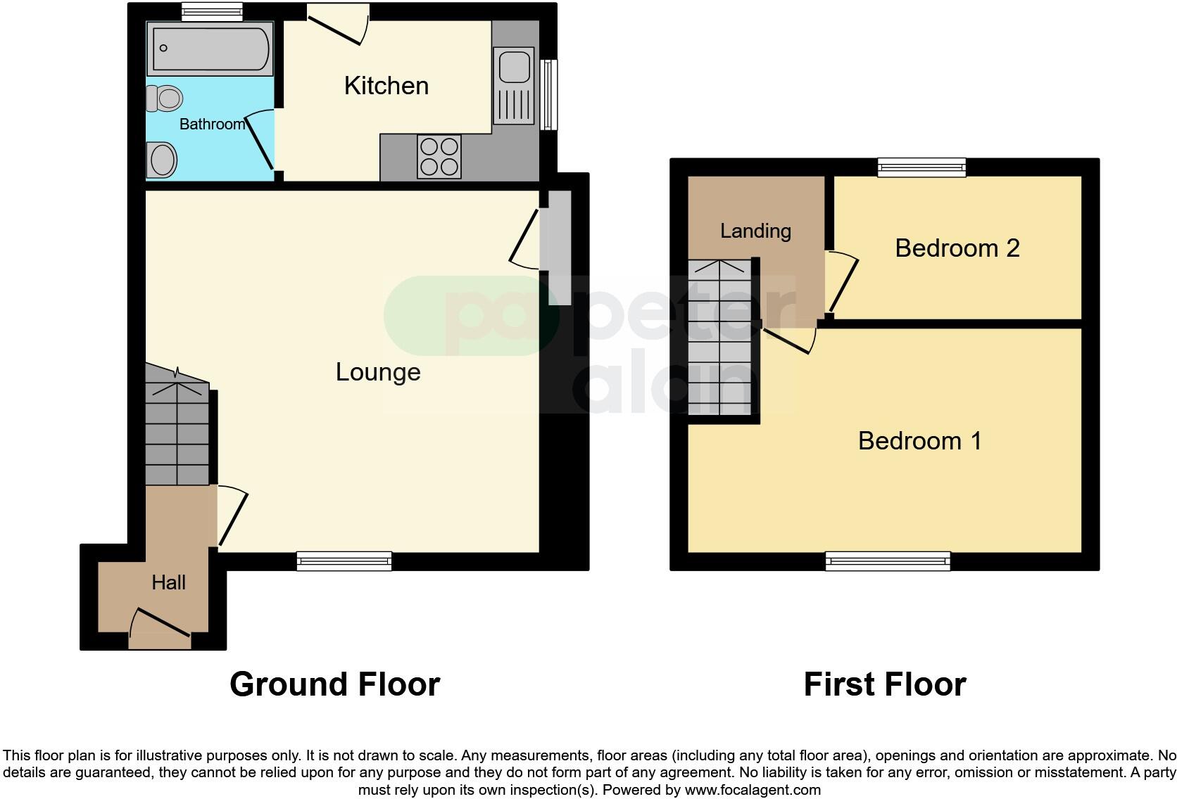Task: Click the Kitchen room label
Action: point(386,86)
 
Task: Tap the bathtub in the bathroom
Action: point(209,49)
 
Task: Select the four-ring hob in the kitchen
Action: point(439,156)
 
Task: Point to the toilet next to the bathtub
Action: point(165,98)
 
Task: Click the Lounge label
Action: point(378,372)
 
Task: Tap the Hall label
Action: point(169,582)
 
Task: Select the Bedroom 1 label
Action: point(919,441)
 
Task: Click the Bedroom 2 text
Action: point(957,248)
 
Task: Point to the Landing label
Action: point(755,231)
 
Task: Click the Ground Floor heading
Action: point(334,684)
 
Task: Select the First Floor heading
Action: point(884,684)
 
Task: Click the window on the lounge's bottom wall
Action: point(344,561)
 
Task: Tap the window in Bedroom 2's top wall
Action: point(921,167)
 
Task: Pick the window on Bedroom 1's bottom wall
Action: point(888,561)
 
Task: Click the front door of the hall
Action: point(160,629)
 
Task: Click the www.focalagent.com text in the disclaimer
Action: point(753,790)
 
